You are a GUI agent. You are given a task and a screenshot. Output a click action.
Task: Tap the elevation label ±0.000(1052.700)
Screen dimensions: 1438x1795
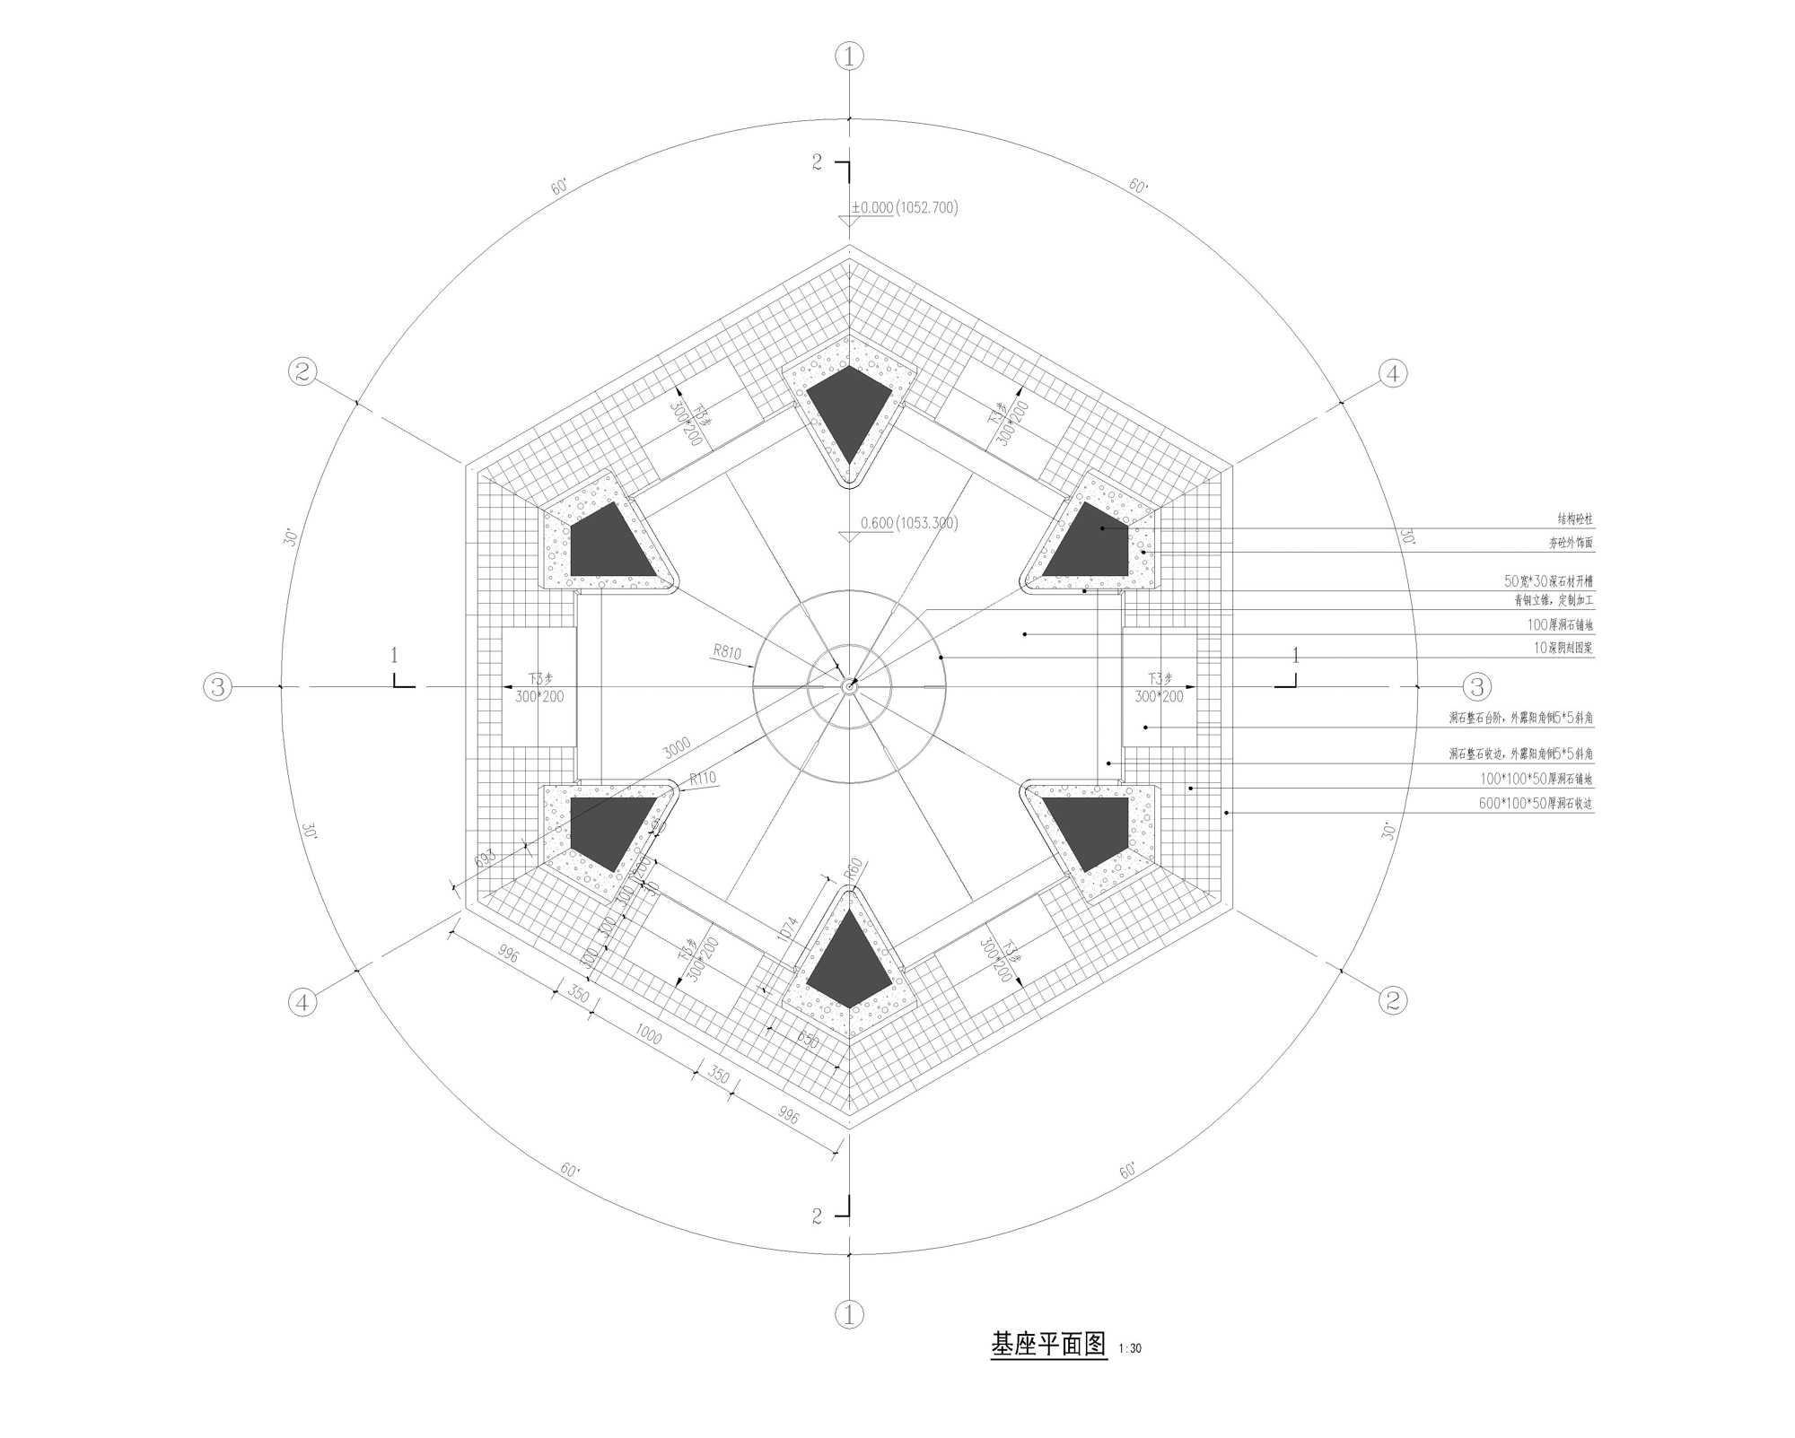(x=905, y=207)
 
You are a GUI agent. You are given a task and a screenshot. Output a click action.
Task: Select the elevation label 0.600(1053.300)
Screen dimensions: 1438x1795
(x=908, y=523)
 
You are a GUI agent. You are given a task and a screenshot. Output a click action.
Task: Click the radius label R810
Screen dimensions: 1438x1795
(x=727, y=650)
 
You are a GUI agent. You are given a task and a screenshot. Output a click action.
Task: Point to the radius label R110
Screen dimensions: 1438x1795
(x=703, y=778)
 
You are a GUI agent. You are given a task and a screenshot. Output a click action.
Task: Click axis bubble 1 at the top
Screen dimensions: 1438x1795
(x=849, y=57)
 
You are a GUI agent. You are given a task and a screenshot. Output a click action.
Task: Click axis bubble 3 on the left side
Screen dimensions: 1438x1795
(x=218, y=687)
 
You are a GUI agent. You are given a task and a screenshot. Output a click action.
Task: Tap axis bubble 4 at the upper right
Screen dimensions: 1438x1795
(x=1392, y=373)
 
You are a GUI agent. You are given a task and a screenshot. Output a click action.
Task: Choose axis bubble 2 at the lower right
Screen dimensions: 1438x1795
(x=1392, y=999)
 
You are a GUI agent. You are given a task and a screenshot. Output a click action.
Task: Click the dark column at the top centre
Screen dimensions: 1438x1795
(x=849, y=408)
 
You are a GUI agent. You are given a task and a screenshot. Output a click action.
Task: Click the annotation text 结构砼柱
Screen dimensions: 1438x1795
(x=1574, y=519)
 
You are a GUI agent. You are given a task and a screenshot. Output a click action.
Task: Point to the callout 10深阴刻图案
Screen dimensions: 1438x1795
(x=1563, y=648)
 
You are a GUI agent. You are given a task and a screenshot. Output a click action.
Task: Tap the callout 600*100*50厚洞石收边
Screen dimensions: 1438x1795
(x=1535, y=804)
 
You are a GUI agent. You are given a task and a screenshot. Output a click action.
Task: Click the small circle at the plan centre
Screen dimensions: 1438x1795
(x=849, y=686)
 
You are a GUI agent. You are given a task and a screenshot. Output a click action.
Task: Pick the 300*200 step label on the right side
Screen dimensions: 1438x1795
(x=1159, y=697)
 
